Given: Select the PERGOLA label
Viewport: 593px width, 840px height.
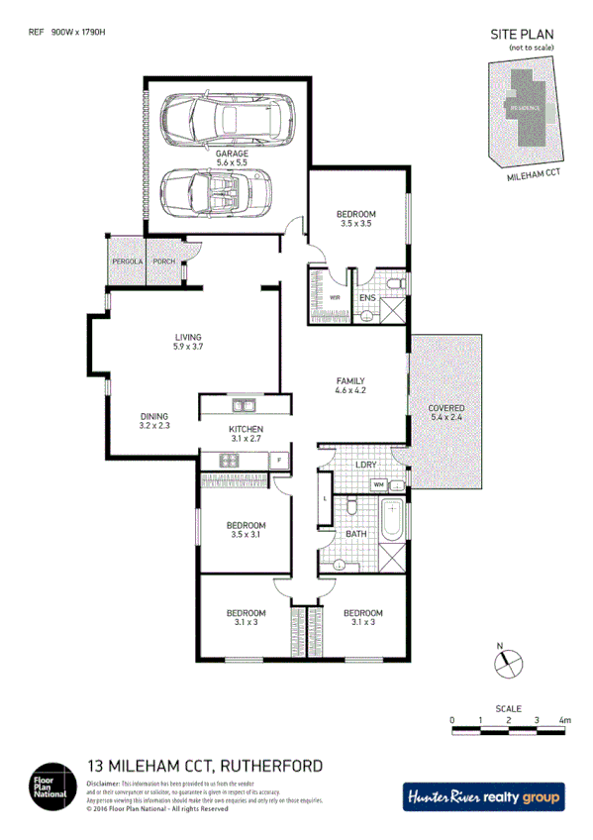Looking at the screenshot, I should point(127,261).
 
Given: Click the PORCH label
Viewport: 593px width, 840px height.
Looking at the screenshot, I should point(164,261).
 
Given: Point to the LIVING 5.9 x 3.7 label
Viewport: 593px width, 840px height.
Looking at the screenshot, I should point(188,342).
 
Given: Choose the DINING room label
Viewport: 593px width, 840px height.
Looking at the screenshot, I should point(154,421).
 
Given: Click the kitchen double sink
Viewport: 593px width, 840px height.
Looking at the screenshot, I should point(244,405).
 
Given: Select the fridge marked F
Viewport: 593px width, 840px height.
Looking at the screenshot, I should point(280,460).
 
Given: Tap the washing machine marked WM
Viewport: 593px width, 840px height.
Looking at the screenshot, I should point(378,483).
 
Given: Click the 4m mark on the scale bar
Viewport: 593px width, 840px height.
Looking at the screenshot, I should point(564,720).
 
